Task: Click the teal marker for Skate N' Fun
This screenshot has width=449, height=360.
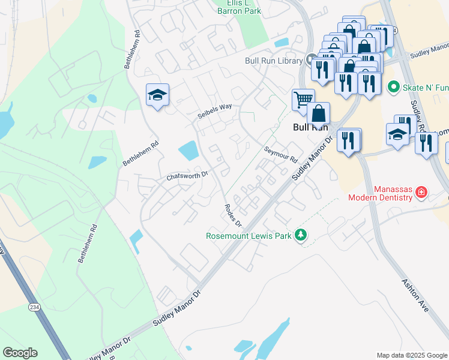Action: coord(394,88)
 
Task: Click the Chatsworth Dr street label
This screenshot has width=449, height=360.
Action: coord(187,176)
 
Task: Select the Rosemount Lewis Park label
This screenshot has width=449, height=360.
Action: coord(249,235)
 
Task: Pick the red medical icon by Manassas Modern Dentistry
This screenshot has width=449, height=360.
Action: coord(421,193)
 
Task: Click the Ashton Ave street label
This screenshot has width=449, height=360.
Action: coord(415,295)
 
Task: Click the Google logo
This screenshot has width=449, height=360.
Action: coord(20,353)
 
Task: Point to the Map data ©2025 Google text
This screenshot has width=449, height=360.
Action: coord(412,355)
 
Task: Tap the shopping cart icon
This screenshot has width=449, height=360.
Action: coord(303,99)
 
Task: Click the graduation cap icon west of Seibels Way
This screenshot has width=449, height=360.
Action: coord(157,94)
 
